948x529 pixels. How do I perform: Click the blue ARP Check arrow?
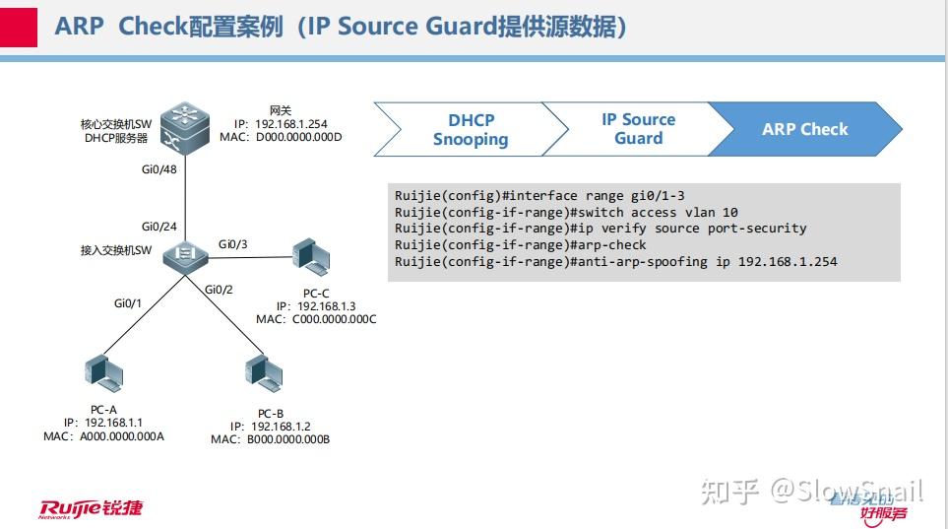(804, 129)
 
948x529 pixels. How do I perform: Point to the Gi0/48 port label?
(159, 169)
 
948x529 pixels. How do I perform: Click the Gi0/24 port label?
(159, 226)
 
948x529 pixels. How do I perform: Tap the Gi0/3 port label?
(233, 243)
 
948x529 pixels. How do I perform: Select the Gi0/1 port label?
(128, 302)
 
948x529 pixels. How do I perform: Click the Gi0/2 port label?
(219, 289)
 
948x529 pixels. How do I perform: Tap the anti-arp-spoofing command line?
(615, 261)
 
